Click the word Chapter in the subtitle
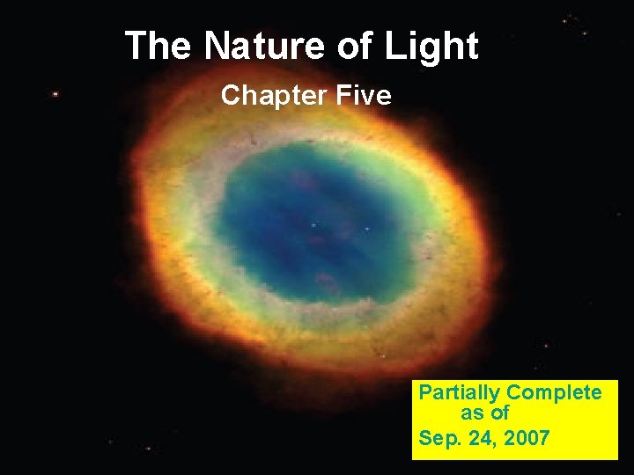tap(268, 95)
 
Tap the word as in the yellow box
tap(471, 413)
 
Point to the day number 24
tap(481, 436)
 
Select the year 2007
tap(527, 436)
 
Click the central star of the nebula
tap(313, 225)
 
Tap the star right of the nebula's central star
tap(367, 229)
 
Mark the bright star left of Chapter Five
tap(56, 93)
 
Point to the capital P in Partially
tap(425, 392)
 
